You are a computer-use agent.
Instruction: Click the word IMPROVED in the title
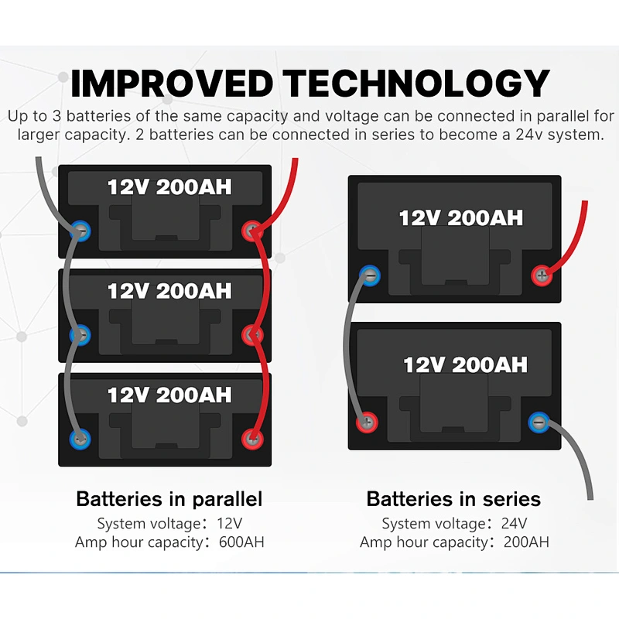coord(172,84)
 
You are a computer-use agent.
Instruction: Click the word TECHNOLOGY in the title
coord(416,84)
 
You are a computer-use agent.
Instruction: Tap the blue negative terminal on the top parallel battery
coord(80,231)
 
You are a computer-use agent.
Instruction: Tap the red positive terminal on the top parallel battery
coord(252,231)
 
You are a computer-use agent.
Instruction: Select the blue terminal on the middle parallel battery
coord(80,335)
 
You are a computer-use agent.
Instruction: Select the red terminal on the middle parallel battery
coord(252,335)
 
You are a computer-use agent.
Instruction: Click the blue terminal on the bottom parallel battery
coord(80,439)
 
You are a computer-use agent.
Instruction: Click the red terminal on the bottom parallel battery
coord(252,439)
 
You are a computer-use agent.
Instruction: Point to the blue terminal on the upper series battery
coord(370,275)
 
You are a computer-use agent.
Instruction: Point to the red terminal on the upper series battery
coord(542,275)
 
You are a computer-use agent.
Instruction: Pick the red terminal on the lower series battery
coord(367,422)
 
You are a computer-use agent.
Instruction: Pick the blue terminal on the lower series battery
coord(539,422)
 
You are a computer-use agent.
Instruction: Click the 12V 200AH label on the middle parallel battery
coord(169,292)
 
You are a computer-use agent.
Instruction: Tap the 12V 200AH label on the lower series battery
coord(465,364)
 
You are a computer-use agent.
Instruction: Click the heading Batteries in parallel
coord(169,499)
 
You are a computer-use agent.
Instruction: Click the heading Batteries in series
coord(453,499)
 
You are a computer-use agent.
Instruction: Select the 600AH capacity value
coord(241,542)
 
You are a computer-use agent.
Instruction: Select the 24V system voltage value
coord(514,524)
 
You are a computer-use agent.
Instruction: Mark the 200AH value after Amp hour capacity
coord(526,542)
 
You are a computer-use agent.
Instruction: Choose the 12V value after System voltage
coord(229,524)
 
